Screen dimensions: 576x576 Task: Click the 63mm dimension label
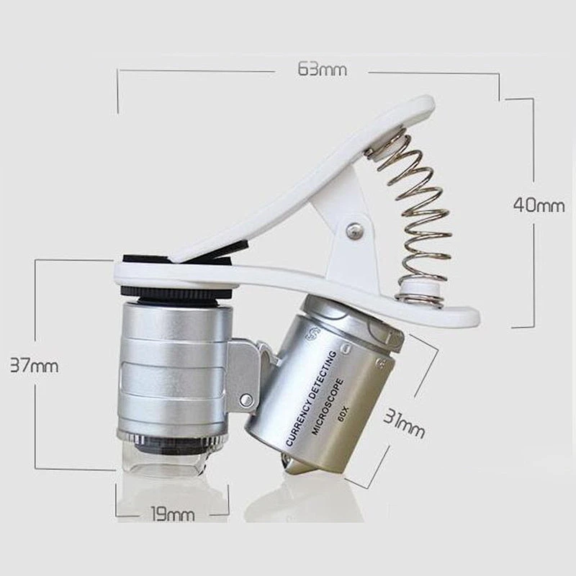pyautogui.click(x=322, y=68)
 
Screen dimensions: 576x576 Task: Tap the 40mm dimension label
pyautogui.click(x=539, y=204)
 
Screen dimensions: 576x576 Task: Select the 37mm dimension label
pyautogui.click(x=34, y=366)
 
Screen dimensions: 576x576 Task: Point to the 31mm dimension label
pyautogui.click(x=404, y=423)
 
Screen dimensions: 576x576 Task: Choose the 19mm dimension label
pyautogui.click(x=173, y=513)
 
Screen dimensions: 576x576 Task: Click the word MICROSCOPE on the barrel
pyautogui.click(x=328, y=407)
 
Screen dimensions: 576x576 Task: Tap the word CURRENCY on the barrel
pyautogui.click(x=297, y=422)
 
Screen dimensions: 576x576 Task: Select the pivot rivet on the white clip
pyautogui.click(x=355, y=230)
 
